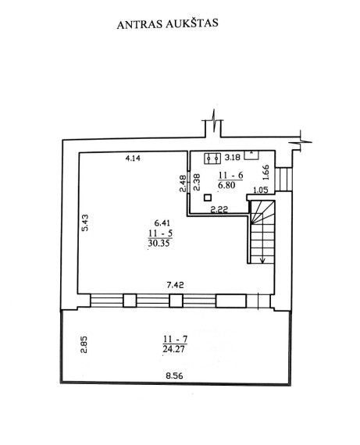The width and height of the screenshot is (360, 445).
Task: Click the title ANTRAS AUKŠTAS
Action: [x=168, y=23]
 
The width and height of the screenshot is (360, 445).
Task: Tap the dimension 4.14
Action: [x=133, y=158]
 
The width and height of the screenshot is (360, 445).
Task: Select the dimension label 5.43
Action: [x=85, y=222]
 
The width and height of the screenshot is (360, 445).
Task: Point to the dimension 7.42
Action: [x=175, y=285]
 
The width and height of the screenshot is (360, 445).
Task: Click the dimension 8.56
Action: [x=174, y=376]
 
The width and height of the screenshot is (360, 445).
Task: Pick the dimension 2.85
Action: [x=84, y=344]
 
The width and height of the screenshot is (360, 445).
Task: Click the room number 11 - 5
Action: [x=160, y=233]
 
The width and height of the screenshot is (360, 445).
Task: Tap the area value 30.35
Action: [x=159, y=243]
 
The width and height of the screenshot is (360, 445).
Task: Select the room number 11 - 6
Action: [x=230, y=175]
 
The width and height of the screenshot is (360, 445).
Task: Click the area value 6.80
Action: [x=226, y=185]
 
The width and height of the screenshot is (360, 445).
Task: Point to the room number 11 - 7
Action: [x=175, y=339]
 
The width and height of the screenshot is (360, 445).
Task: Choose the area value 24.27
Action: [x=173, y=348]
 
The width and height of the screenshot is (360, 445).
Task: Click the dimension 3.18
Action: [x=233, y=157]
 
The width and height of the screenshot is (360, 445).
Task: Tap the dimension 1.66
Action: [x=266, y=173]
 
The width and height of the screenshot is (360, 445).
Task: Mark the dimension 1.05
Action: [x=260, y=190]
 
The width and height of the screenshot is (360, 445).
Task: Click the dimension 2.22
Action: [x=219, y=209]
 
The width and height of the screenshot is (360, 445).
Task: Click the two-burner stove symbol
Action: [x=212, y=158]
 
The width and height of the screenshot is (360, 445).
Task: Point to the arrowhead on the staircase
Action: [x=262, y=260]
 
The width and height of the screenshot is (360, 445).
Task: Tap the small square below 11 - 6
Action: [x=208, y=198]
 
